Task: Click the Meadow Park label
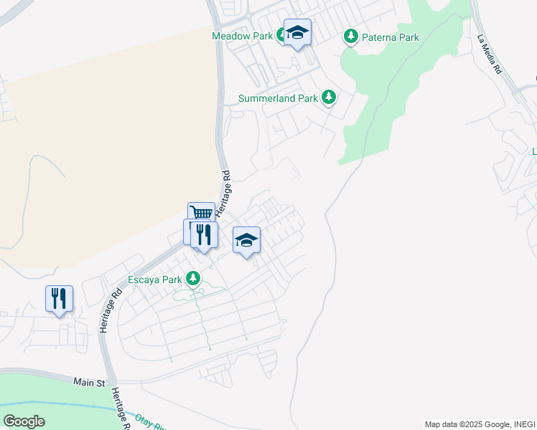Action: click(x=243, y=36)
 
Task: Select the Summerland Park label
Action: click(x=277, y=97)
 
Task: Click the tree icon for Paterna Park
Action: click(x=350, y=36)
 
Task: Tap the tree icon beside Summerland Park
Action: click(x=328, y=97)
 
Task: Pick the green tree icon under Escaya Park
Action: click(x=192, y=277)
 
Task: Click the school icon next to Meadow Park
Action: click(x=297, y=33)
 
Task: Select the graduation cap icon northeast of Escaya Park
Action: click(x=246, y=241)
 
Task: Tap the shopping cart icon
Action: click(x=202, y=214)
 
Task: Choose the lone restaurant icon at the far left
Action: click(x=59, y=298)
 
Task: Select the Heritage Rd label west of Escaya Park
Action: click(x=108, y=310)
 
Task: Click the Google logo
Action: click(x=24, y=421)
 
